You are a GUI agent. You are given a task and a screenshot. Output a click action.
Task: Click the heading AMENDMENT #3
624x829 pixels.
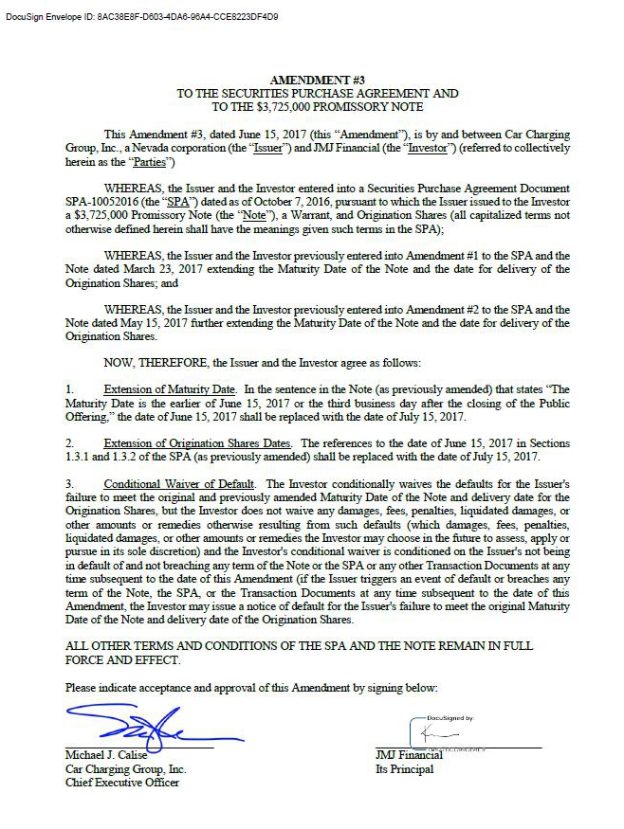point(317,80)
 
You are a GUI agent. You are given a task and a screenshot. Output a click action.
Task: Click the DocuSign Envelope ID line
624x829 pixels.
point(141,17)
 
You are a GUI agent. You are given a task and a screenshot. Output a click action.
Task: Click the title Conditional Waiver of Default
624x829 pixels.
point(180,483)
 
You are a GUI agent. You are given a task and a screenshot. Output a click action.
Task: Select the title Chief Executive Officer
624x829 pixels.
point(121,783)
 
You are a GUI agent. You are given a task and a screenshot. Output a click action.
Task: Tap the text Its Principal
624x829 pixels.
point(405,769)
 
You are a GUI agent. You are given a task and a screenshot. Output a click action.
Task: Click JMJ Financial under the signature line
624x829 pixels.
point(409,755)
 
